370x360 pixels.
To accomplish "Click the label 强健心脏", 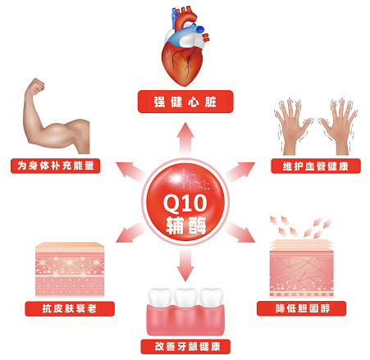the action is coord(185,102).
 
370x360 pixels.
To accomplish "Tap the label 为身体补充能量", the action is coord(56,166).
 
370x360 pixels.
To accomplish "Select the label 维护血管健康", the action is coord(316,166).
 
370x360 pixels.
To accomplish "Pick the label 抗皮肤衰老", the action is coord(70,308).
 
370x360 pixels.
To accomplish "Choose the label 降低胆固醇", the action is coord(303,308).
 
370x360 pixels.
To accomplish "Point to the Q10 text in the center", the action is coord(185,203).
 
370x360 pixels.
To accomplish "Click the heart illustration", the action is coord(185,46).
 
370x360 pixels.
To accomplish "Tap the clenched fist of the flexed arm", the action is coord(36,84).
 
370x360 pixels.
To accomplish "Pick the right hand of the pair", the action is coord(339,126).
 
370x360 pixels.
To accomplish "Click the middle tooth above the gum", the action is coord(185,298).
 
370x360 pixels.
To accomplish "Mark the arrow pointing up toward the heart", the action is coord(185,139).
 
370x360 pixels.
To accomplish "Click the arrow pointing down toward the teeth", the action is coord(185,265).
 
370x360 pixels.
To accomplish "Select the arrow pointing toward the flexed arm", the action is coord(130,171).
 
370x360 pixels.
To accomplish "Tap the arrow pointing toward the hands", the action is coord(240,171).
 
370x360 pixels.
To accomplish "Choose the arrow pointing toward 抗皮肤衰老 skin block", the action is coord(130,232).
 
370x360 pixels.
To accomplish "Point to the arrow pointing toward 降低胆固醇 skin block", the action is coord(240,232).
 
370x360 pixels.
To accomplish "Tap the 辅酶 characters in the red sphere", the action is coord(186,226).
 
